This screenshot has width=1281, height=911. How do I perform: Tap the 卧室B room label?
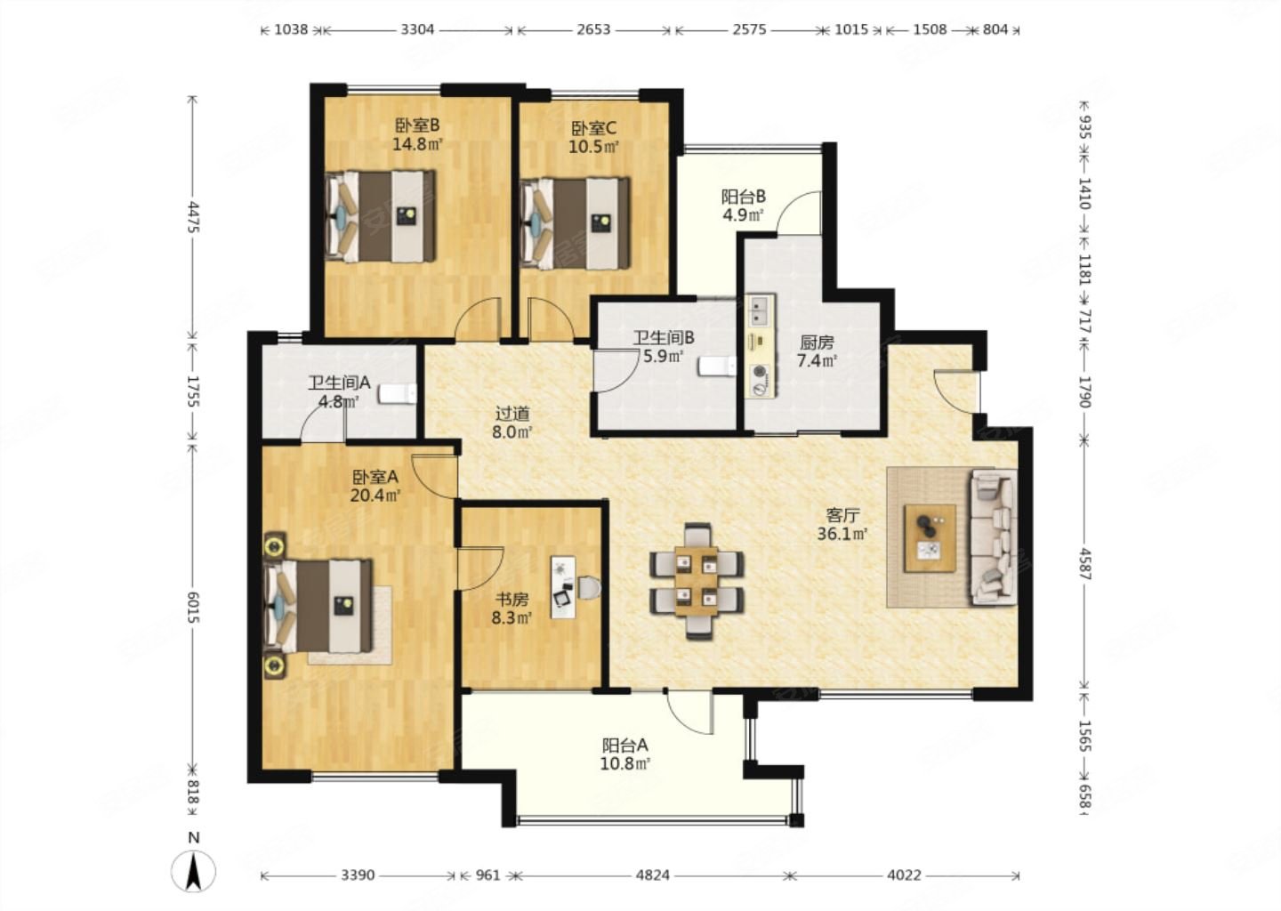pyautogui.click(x=417, y=125)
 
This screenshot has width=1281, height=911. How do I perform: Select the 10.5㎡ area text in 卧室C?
pyautogui.click(x=593, y=147)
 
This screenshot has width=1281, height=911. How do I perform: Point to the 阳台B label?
pyautogui.click(x=743, y=197)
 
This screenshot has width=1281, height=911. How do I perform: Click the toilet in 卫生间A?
pyautogui.click(x=398, y=393)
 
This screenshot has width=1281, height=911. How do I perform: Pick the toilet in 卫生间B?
pyautogui.click(x=717, y=366)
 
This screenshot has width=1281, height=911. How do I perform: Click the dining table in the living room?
pyautogui.click(x=696, y=580)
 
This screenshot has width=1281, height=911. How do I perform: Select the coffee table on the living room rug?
pyautogui.click(x=930, y=538)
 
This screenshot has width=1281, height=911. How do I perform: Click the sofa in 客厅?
pyautogui.click(x=994, y=537)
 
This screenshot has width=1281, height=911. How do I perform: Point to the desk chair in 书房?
pyautogui.click(x=589, y=587)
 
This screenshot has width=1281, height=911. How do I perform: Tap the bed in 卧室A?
pyautogui.click(x=318, y=606)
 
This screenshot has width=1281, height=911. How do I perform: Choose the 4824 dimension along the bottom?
pyautogui.click(x=653, y=875)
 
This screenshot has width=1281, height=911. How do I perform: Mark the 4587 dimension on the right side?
pyautogui.click(x=1084, y=564)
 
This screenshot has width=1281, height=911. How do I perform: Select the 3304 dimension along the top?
pyautogui.click(x=417, y=29)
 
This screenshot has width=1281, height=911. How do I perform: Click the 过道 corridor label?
pyautogui.click(x=512, y=413)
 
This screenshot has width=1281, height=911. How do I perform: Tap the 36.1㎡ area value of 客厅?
pyautogui.click(x=843, y=534)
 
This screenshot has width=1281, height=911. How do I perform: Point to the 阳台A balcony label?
pyautogui.click(x=624, y=746)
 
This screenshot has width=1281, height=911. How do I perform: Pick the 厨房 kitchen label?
pyautogui.click(x=817, y=343)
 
